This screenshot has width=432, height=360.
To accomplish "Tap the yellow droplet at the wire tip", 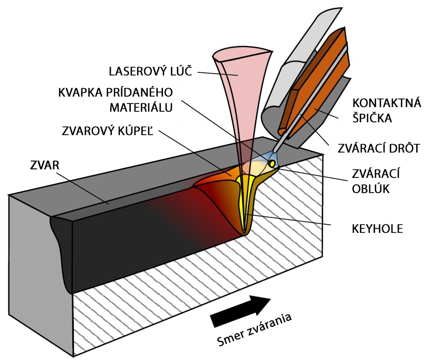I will click(272, 164).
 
